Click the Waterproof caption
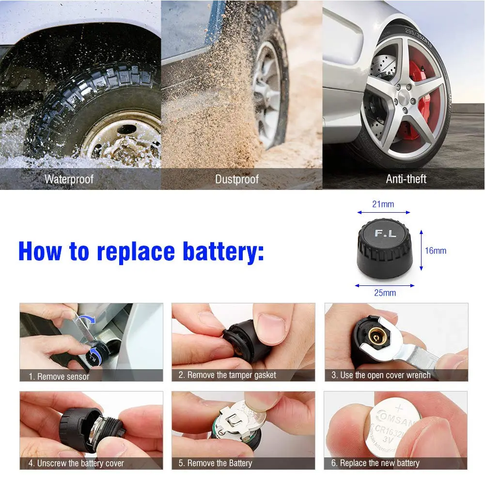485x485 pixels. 69,179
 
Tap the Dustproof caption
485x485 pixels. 237,179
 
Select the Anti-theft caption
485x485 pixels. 406,179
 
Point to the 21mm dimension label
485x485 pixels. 383,204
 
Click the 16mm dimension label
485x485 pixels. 435,250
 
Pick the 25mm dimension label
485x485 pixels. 385,293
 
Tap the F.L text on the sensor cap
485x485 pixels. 385,234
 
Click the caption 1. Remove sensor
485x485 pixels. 59,376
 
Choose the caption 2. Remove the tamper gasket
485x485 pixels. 227,375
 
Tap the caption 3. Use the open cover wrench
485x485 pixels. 381,375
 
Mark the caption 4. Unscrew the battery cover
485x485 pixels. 76,463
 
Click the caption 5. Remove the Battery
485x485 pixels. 215,463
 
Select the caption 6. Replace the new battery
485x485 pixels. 375,463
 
